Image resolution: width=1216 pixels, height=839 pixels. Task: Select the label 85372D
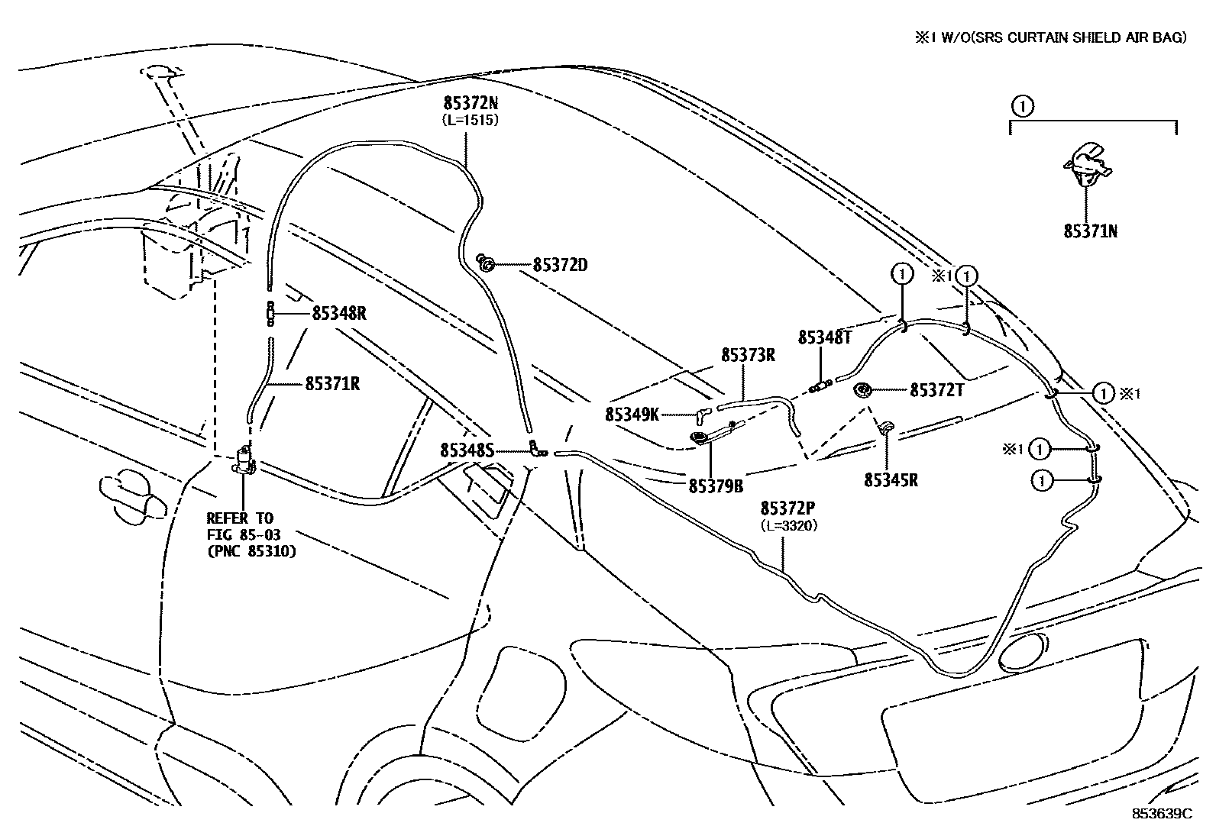click(560, 265)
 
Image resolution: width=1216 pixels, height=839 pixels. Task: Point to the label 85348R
click(339, 313)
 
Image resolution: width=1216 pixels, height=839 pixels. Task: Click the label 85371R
click(332, 383)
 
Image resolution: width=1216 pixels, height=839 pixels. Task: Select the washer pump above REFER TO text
click(244, 460)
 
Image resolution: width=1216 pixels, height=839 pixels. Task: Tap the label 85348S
click(467, 450)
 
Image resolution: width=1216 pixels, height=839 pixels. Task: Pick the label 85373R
click(749, 355)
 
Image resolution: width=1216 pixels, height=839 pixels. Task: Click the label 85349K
click(632, 415)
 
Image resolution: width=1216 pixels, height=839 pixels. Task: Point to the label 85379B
click(716, 485)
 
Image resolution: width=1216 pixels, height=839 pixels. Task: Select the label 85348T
click(824, 337)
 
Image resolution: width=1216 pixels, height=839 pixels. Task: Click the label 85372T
click(937, 390)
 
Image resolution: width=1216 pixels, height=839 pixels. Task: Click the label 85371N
click(1090, 231)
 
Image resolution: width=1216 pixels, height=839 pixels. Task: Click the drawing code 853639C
click(1161, 813)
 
